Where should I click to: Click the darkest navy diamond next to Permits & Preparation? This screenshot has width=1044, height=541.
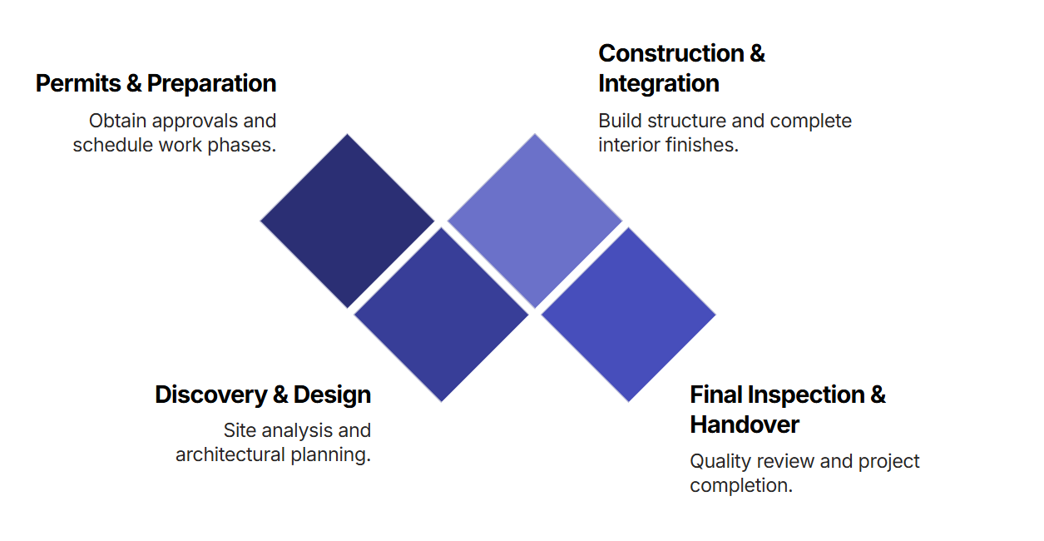[x=348, y=221]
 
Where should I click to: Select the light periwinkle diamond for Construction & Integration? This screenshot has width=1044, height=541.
[x=535, y=221]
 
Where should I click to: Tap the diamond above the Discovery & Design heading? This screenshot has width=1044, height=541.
[x=441, y=315]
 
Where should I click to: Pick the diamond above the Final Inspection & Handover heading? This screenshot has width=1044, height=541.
[x=628, y=315]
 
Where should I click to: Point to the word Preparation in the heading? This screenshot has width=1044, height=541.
[x=211, y=84]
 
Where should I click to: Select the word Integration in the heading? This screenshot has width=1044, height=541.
[x=658, y=84]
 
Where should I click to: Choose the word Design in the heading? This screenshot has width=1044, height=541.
[x=332, y=395]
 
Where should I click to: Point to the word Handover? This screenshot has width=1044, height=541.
[x=744, y=424]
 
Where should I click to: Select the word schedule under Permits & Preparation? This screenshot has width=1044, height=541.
[x=109, y=145]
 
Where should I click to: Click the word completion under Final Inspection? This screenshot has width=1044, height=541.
[x=740, y=485]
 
